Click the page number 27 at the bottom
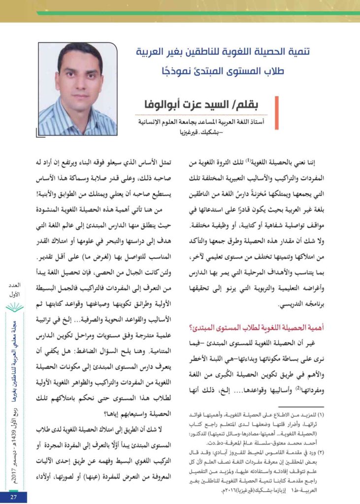[13, 497]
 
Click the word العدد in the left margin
[13, 285]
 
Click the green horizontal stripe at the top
[197, 13]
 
